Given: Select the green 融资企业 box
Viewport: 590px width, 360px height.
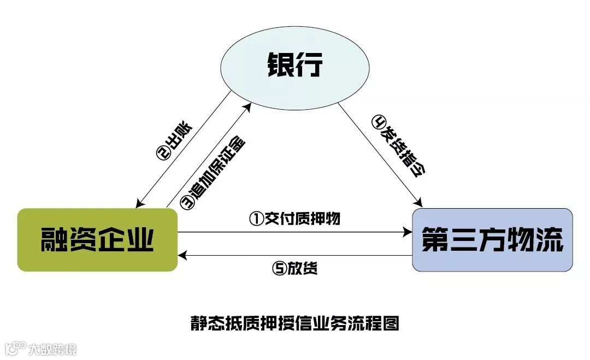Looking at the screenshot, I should pos(97,239).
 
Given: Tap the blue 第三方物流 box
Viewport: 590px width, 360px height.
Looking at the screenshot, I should pos(492,239).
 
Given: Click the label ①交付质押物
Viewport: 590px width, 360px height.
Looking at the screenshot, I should pos(295,219).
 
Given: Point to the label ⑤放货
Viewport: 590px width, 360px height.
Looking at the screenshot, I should pos(295,269).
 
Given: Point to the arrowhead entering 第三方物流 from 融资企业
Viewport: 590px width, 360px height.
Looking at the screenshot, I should pos(408,232).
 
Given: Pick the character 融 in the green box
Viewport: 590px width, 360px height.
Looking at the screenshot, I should pos(55,239).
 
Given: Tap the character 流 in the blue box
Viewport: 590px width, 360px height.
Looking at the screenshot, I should pos(549,239).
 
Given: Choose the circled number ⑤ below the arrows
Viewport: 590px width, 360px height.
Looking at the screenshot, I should pos(279,269).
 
